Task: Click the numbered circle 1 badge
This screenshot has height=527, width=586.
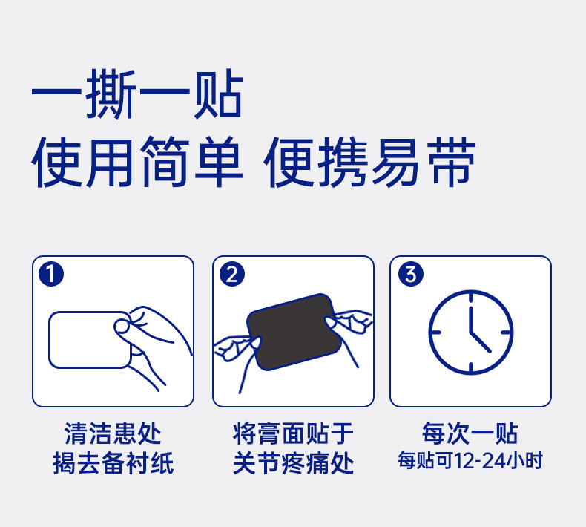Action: pyautogui.click(x=51, y=274)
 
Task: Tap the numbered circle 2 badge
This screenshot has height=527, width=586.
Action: pyautogui.click(x=231, y=274)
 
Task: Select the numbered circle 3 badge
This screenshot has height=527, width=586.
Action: pyautogui.click(x=411, y=274)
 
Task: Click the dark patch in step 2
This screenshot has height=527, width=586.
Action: pyautogui.click(x=294, y=332)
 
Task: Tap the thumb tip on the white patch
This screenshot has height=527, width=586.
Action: pyautogui.click(x=122, y=326)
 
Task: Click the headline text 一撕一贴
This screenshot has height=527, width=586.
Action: pyautogui.click(x=137, y=94)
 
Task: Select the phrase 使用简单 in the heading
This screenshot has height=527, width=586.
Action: pyautogui.click(x=137, y=162)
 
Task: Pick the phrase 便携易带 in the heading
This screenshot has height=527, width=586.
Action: pyautogui.click(x=369, y=162)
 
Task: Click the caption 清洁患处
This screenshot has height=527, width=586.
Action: pyautogui.click(x=113, y=433)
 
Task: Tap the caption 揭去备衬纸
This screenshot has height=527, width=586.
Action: pyautogui.click(x=113, y=462)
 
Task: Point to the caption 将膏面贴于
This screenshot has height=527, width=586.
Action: pyautogui.click(x=293, y=433)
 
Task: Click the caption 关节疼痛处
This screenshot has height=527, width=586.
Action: pyautogui.click(x=293, y=462)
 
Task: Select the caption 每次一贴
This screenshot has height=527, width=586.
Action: pyautogui.click(x=470, y=433)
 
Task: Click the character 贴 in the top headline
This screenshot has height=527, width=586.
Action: pyautogui.click(x=219, y=94)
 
